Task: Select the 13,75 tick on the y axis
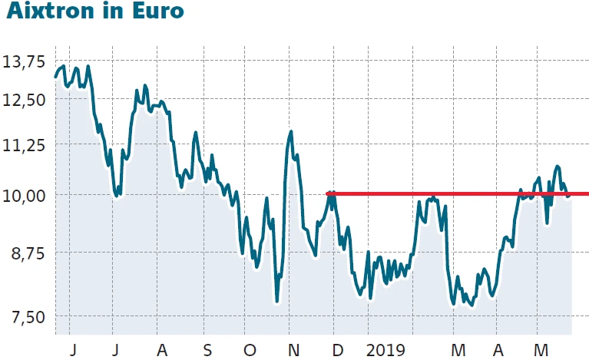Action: coord(26,61)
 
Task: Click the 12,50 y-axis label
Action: coord(26,100)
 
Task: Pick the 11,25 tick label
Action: coord(26,145)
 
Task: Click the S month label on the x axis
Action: coord(207,350)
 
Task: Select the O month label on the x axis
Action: coord(250,350)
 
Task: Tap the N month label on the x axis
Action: coord(293,350)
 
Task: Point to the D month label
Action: coord(336,350)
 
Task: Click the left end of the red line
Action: coord(328,193)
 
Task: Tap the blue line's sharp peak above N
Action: coord(291,132)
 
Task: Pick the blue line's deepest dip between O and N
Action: coord(276,301)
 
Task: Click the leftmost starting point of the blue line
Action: coord(55,76)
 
